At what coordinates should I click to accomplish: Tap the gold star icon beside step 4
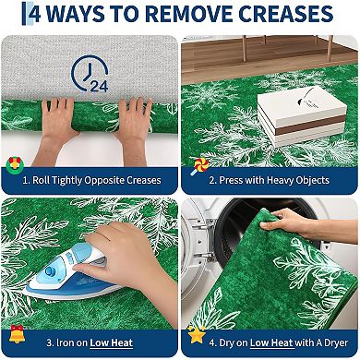pos(197,330)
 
